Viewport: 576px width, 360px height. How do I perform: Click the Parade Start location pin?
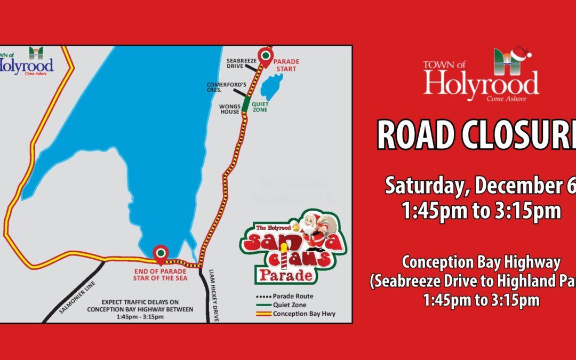point(265,55)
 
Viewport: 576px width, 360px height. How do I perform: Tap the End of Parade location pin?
point(159,253)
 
